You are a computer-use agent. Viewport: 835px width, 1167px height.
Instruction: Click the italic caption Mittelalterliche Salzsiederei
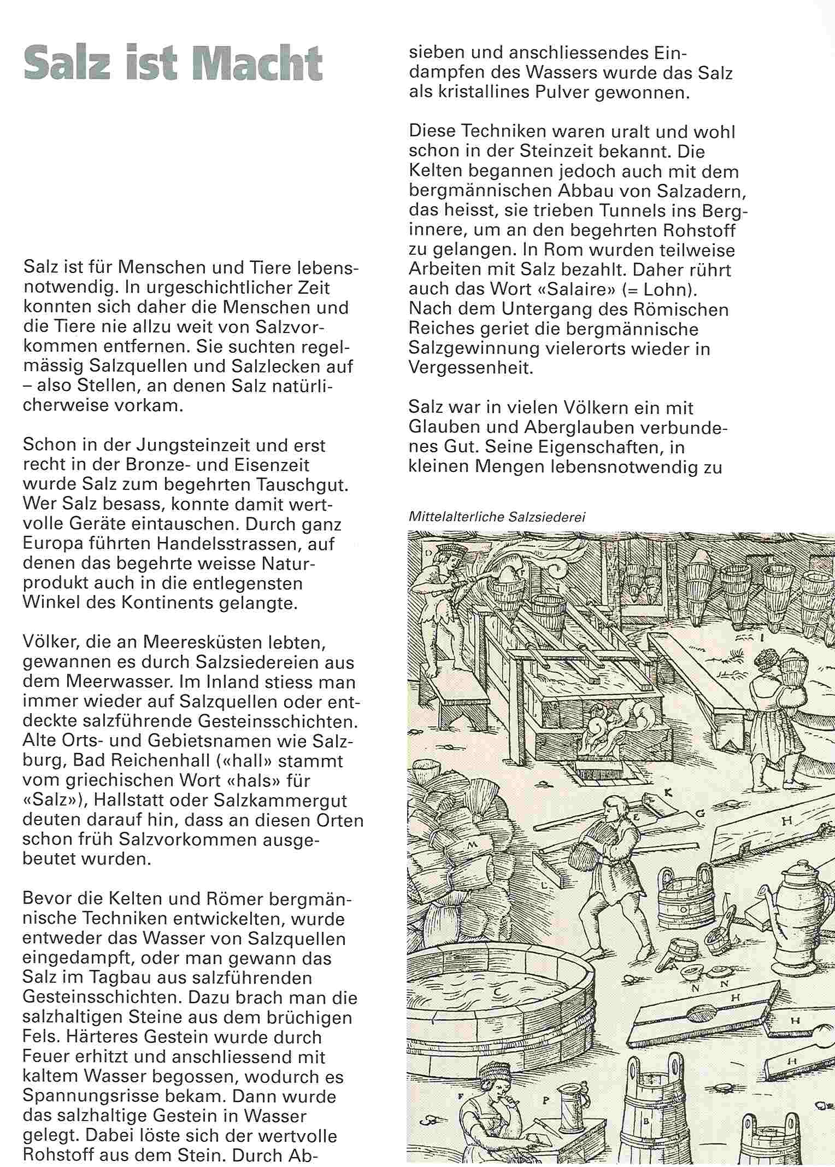click(x=496, y=517)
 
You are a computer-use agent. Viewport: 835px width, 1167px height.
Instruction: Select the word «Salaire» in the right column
click(x=564, y=289)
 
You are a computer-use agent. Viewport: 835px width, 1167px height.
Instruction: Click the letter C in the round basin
click(x=497, y=990)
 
